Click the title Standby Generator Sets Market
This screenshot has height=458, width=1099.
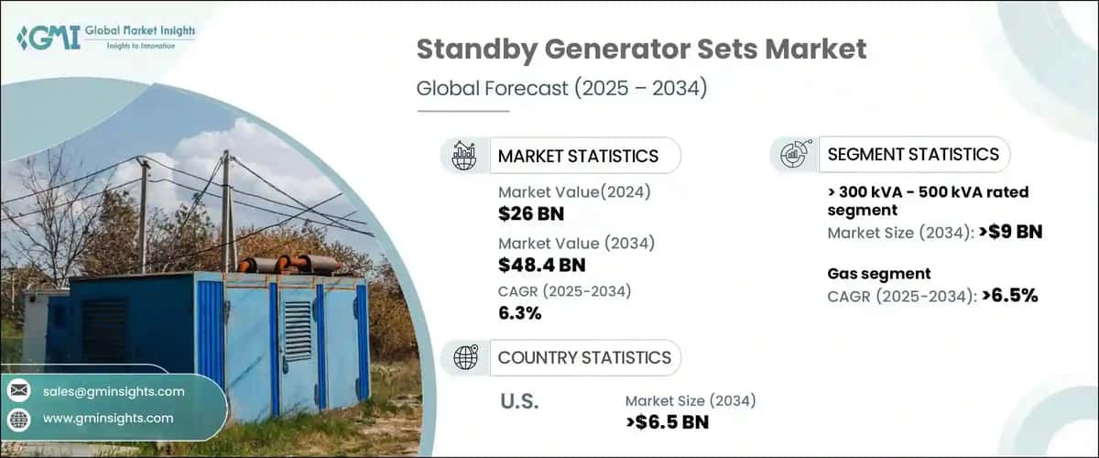[641, 49]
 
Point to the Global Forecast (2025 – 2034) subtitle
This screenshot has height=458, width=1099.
[561, 89]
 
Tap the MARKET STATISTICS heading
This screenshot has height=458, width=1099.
[578, 156]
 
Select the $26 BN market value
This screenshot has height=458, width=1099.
[531, 214]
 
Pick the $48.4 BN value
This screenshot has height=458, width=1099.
[542, 266]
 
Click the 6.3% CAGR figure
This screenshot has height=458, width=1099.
[519, 314]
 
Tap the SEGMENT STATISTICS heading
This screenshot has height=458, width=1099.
[913, 154]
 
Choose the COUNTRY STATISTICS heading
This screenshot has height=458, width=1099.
[584, 357]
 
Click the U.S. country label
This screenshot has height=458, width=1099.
[519, 400]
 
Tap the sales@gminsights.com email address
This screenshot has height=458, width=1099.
[114, 391]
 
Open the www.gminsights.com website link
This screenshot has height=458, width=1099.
[108, 419]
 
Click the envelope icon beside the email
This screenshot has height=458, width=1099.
[19, 391]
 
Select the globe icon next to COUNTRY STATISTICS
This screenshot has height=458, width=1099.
[465, 357]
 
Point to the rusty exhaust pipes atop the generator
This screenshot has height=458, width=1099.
[288, 265]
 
